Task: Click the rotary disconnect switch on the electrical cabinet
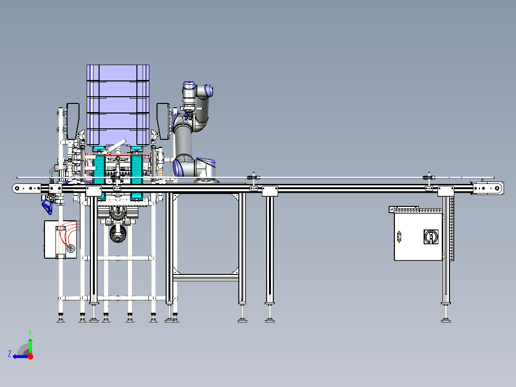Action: (x=431, y=236)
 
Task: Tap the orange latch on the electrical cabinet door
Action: (x=399, y=237)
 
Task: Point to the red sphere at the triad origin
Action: (x=30, y=356)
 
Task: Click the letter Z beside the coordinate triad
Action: (x=10, y=353)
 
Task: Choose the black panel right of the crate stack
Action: (x=163, y=121)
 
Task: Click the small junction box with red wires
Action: (x=60, y=239)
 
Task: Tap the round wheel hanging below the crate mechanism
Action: (x=117, y=234)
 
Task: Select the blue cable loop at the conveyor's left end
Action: (x=46, y=206)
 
